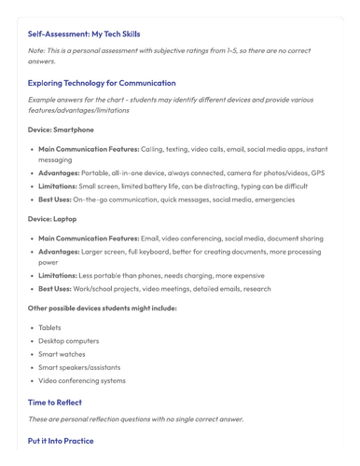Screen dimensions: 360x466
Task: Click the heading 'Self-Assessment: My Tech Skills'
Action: pyautogui.click(x=84, y=34)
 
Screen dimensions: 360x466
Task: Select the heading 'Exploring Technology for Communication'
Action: pyautogui.click(x=102, y=83)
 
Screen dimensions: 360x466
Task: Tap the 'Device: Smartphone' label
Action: pyautogui.click(x=61, y=130)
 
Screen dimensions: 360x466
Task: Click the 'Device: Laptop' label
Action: pyautogui.click(x=52, y=218)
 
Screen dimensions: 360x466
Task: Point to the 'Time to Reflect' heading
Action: pyautogui.click(x=55, y=403)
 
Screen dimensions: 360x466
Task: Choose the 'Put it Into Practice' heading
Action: pyautogui.click(x=61, y=441)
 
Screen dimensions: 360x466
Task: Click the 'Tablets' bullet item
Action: pyautogui.click(x=49, y=327)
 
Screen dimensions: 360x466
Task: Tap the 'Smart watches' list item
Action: pyautogui.click(x=62, y=354)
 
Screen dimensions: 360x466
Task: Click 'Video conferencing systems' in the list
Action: pyautogui.click(x=82, y=380)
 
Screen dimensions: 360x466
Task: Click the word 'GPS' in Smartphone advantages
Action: pyautogui.click(x=317, y=172)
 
